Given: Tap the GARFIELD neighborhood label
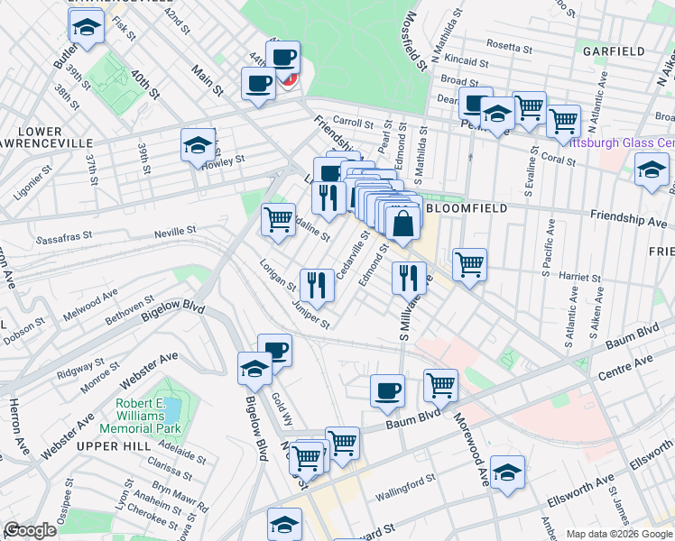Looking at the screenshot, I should (x=614, y=50).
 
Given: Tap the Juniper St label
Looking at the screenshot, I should (x=311, y=316).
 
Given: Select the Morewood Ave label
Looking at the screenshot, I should (x=471, y=438).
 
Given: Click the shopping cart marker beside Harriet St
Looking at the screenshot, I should (x=469, y=264).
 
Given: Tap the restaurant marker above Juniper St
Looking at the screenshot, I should (x=317, y=285).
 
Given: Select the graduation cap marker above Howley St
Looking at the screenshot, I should (x=198, y=144).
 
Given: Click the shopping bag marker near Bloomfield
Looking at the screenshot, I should (x=403, y=221).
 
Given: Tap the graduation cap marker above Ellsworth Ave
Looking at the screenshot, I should (x=508, y=472).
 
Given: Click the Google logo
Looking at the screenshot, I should (x=30, y=530).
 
